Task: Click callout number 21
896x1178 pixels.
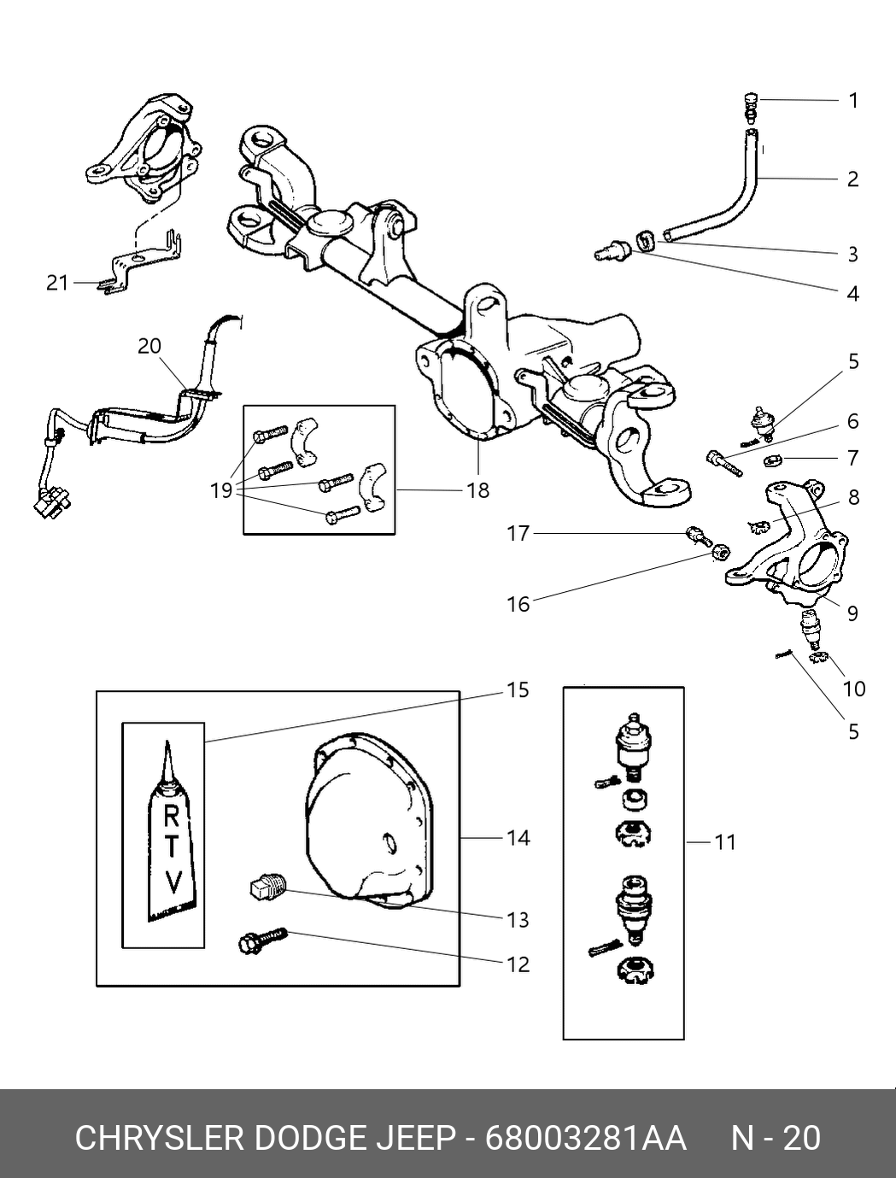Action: [x=57, y=283]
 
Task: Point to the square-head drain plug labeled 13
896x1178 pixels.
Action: [x=269, y=890]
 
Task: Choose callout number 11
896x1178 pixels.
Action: [x=725, y=842]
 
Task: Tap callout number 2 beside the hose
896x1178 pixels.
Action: [x=852, y=179]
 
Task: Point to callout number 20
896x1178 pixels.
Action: [x=149, y=346]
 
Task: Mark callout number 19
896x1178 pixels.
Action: [x=221, y=490]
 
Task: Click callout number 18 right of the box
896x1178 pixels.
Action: [x=478, y=490]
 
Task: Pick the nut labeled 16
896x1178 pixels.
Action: [x=719, y=552]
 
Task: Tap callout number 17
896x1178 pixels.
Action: [x=518, y=533]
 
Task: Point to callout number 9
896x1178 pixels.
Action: [x=852, y=613]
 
